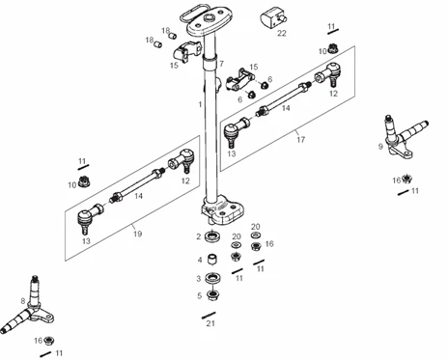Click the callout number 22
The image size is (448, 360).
tap(282, 33)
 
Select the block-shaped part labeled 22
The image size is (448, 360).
tap(273, 17)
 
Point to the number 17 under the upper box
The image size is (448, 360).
tap(300, 140)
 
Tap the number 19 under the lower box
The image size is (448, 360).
tap(137, 234)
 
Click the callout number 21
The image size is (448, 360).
tap(210, 323)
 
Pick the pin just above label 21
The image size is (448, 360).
tap(209, 315)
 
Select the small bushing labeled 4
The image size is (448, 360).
tap(212, 260)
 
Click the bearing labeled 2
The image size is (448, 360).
tap(212, 237)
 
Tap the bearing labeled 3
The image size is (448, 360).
tap(212, 278)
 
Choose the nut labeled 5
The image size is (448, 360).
tap(212, 295)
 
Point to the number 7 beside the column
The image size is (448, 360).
tap(221, 64)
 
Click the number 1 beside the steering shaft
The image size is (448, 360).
tap(200, 104)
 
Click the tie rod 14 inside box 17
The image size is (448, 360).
tap(283, 98)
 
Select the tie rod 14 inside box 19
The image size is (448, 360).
tap(137, 185)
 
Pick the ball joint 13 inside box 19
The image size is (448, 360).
tap(90, 217)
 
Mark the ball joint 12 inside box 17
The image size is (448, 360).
tap(327, 74)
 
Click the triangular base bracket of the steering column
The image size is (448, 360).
tap(222, 209)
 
